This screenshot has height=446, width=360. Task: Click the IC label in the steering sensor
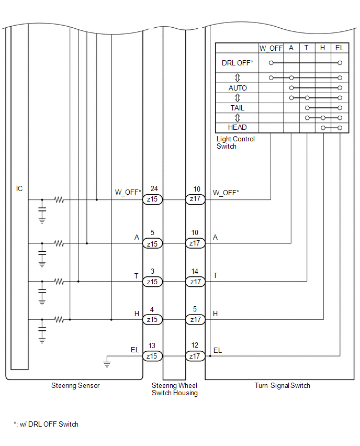tap(19, 188)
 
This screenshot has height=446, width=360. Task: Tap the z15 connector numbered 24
tap(152, 199)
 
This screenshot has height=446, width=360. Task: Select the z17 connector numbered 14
tap(195, 282)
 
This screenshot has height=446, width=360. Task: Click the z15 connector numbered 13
tap(152, 356)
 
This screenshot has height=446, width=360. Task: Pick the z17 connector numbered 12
tap(195, 356)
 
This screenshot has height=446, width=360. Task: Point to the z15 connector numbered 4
tap(152, 319)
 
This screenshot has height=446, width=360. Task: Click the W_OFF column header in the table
tap(271, 48)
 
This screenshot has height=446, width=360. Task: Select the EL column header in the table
tap(340, 48)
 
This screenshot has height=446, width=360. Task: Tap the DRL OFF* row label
tap(238, 63)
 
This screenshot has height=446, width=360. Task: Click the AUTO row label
tap(238, 88)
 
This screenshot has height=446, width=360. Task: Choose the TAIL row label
tap(238, 108)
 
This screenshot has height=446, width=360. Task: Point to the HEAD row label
tap(238, 127)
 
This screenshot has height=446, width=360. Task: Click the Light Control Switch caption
tap(235, 142)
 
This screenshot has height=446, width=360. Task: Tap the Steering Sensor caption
tap(75, 385)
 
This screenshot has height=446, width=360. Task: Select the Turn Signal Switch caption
tap(282, 385)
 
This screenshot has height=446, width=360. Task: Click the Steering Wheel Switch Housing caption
tap(175, 389)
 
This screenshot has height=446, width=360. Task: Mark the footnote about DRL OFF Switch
tap(46, 424)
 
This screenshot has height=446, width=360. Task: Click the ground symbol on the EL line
tap(107, 363)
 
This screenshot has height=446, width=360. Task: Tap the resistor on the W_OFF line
tap(59, 199)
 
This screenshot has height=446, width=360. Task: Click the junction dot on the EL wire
tap(210, 356)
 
